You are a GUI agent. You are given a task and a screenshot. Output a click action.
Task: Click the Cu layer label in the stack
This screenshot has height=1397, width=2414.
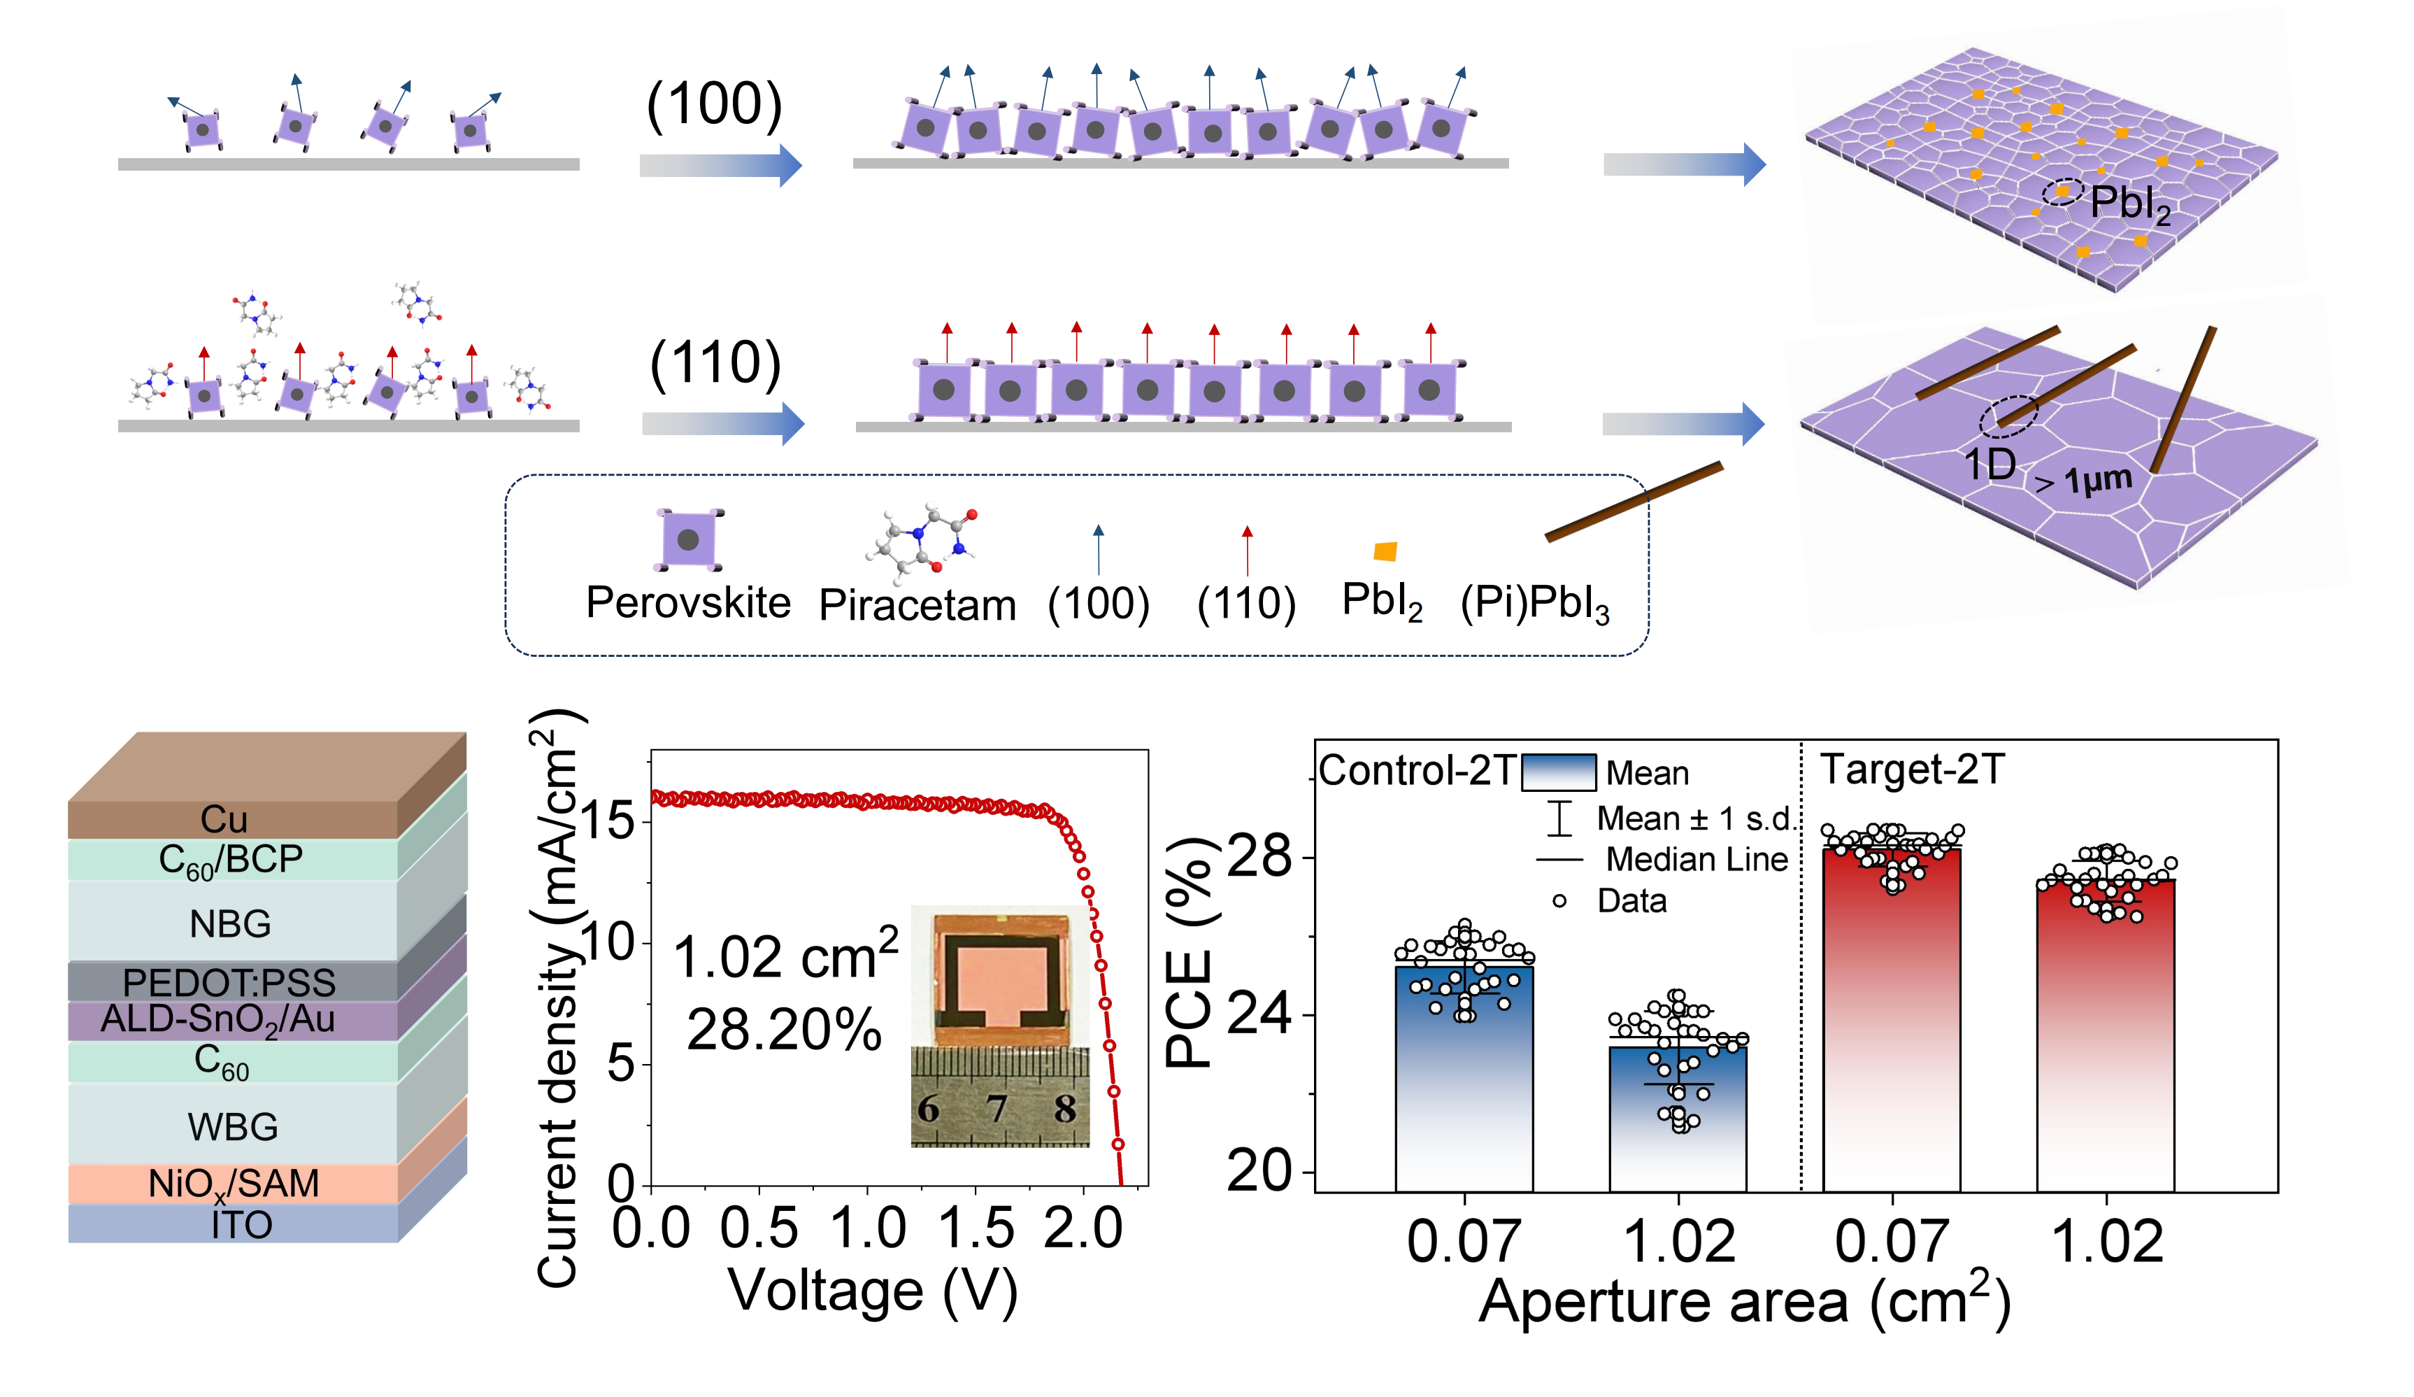point(224,819)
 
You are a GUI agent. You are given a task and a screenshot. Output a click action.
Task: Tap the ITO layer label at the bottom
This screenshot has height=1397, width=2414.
point(241,1224)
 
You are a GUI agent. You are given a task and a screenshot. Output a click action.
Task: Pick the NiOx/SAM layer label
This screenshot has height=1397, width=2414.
point(233,1184)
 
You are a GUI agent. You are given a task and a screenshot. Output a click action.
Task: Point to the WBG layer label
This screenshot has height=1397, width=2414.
point(233,1127)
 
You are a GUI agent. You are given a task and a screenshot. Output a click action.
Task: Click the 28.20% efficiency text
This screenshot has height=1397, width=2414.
point(784,1031)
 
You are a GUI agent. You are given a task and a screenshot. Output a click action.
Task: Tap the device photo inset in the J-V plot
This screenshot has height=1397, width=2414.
point(1000,1026)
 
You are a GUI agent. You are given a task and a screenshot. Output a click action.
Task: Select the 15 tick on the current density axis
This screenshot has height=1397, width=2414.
point(607,821)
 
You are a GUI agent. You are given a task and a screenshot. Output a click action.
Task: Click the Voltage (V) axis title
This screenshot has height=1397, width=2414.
point(873,1291)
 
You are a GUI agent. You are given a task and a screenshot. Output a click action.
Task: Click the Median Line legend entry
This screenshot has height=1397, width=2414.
point(1697,860)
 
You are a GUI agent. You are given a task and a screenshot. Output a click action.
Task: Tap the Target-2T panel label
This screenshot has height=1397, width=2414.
point(1912,770)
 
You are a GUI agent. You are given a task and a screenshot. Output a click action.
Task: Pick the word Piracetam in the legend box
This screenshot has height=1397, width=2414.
point(917,606)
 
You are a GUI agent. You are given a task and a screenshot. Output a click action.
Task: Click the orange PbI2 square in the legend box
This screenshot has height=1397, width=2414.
point(1385,551)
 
